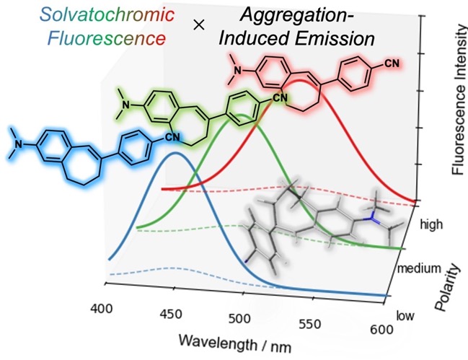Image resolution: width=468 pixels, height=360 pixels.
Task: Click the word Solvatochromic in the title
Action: (107, 14)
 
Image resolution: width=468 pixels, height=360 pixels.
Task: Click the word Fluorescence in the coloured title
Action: (106, 38)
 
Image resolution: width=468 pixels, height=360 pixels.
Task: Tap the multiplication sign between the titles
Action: (199, 25)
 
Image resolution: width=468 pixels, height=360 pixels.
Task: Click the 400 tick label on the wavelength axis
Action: (102, 308)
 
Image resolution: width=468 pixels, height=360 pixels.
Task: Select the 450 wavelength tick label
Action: (170, 314)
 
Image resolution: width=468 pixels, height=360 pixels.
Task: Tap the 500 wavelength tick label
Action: (239, 319)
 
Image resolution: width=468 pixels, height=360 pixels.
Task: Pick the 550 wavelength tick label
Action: (310, 324)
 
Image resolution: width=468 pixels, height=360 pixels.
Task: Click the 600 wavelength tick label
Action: (381, 329)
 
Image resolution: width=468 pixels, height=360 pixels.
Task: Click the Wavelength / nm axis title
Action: (235, 343)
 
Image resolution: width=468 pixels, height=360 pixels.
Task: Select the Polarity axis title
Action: (447, 287)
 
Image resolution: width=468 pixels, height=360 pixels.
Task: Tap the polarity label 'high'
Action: (431, 224)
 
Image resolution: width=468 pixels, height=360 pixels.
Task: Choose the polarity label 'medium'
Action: (419, 268)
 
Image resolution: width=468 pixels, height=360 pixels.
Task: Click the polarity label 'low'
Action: (405, 315)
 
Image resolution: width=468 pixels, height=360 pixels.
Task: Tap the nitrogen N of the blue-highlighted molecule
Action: (19, 144)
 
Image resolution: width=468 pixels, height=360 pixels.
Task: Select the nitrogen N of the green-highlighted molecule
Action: (126, 105)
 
